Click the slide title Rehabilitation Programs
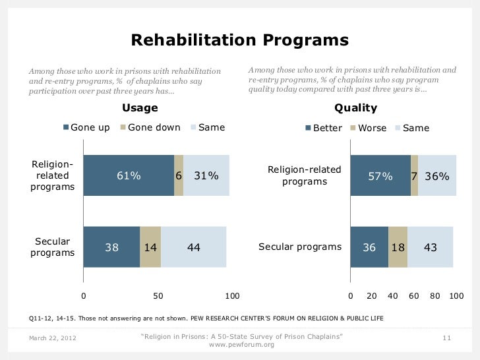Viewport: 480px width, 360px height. (240, 40)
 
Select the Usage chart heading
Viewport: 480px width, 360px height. (140, 108)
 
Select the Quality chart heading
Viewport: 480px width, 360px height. (356, 108)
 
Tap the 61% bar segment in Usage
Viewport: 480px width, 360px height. (129, 176)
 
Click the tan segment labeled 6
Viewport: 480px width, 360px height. (179, 176)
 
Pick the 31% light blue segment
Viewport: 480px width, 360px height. (206, 176)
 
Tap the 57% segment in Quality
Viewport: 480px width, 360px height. (380, 176)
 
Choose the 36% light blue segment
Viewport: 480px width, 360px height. (437, 176)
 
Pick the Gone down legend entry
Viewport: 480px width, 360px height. (150, 127)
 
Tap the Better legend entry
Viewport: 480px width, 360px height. (324, 128)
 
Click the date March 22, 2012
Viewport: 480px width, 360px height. (53, 338)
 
